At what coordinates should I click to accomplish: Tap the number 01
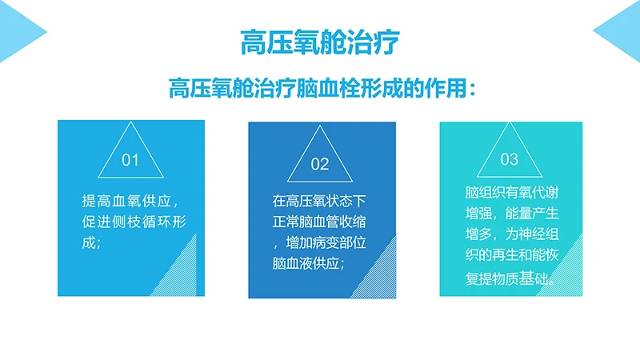pos(130,160)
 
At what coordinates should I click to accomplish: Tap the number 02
pos(319,165)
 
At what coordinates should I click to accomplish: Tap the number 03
pos(509,158)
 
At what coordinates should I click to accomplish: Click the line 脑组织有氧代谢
pos(509,194)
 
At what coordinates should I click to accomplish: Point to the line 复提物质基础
pos(509,279)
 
